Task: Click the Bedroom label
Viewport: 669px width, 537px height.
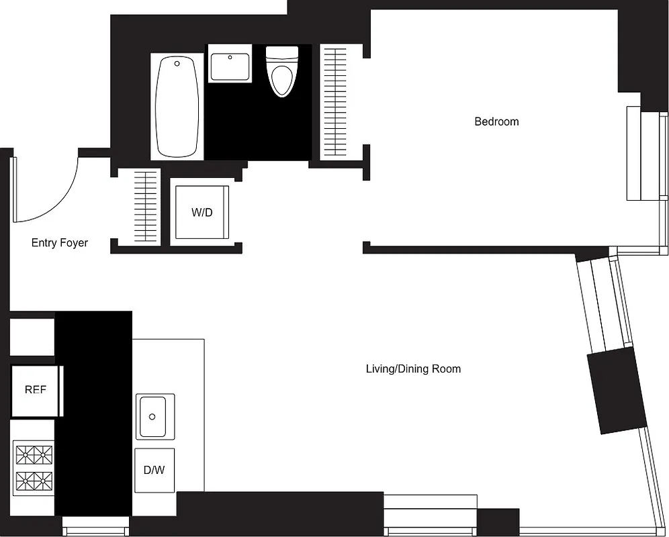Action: pos(496,121)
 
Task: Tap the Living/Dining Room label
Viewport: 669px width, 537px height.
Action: pos(413,369)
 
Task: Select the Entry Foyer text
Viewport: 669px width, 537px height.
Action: pos(60,243)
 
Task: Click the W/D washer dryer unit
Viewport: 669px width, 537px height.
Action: pos(202,212)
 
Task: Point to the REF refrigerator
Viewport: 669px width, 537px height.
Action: pos(35,390)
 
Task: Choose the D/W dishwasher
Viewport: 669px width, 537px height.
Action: pos(154,470)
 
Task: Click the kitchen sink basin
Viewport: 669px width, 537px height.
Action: pos(154,416)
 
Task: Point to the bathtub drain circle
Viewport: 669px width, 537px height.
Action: pos(177,64)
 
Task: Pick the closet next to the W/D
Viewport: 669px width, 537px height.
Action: pos(145,207)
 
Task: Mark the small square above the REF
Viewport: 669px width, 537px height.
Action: pos(32,337)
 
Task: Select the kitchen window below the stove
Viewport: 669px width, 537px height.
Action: pos(95,524)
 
